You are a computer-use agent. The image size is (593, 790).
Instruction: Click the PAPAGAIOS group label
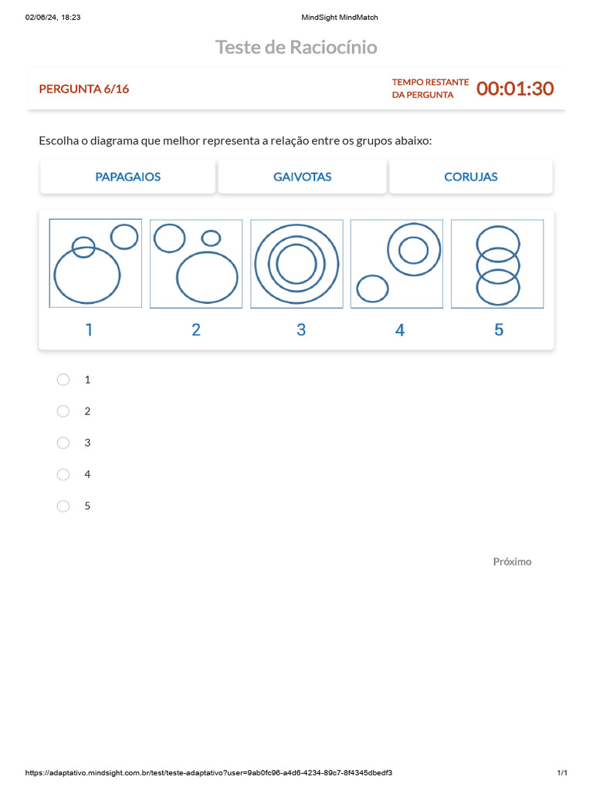(128, 177)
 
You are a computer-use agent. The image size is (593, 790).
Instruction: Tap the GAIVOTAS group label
(303, 177)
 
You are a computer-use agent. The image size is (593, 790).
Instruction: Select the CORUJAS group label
(471, 177)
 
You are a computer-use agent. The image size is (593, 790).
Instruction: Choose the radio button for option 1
(63, 380)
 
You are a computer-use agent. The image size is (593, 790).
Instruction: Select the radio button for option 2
(63, 411)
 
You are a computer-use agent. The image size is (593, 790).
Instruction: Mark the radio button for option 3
(63, 443)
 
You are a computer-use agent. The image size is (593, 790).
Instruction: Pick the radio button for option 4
(63, 474)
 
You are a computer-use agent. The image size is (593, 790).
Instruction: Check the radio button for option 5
(63, 506)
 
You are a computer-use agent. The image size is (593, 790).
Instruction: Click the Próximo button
(513, 562)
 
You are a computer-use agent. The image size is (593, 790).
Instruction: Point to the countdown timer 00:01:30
(515, 89)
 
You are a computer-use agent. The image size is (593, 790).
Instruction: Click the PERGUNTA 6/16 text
(84, 89)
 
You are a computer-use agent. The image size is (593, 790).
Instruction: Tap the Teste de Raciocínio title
(296, 47)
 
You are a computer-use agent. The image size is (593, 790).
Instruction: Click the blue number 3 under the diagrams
(301, 330)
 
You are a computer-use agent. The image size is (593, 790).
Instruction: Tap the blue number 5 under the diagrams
(499, 330)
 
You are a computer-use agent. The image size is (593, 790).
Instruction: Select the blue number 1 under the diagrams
(90, 330)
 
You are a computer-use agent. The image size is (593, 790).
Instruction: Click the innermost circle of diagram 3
(296, 245)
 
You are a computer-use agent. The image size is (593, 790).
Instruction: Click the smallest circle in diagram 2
(211, 231)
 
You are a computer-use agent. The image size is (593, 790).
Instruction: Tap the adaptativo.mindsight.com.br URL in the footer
(208, 773)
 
